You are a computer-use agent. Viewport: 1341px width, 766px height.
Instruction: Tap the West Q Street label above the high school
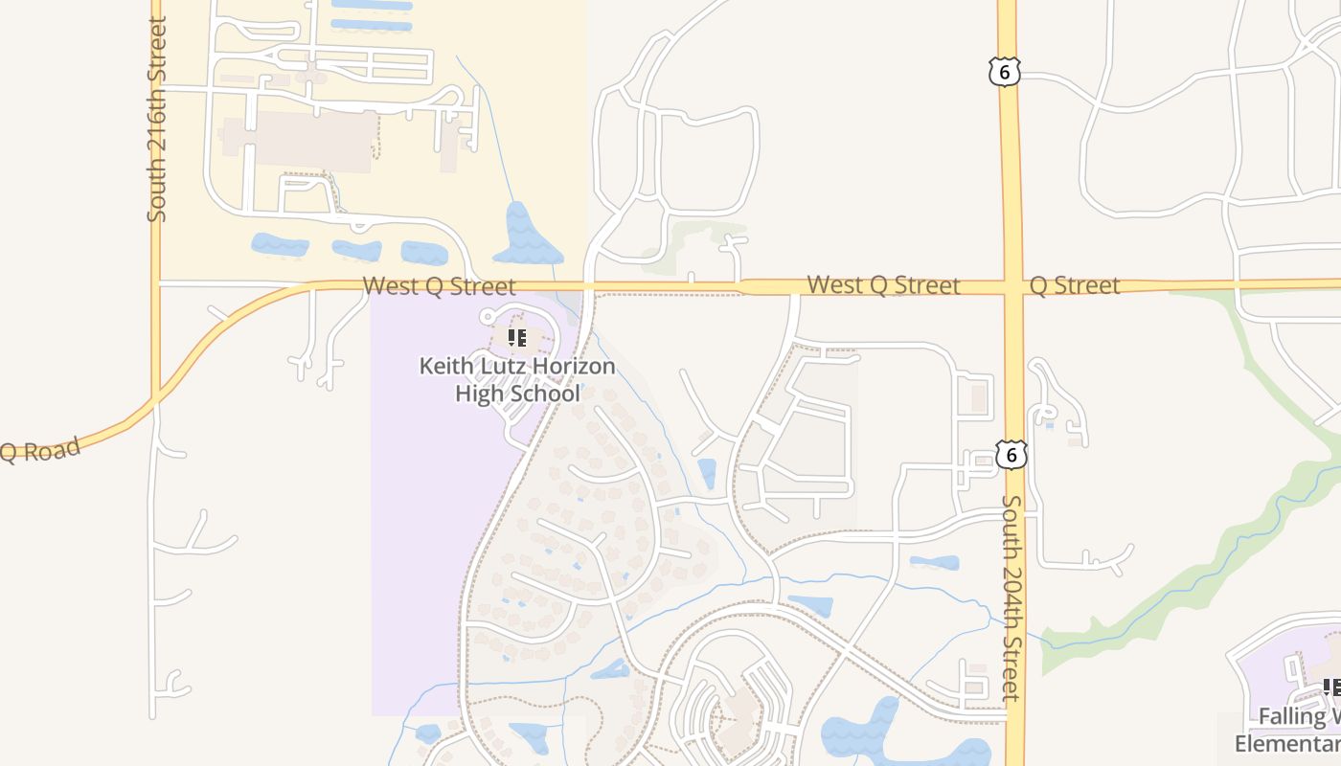pos(439,285)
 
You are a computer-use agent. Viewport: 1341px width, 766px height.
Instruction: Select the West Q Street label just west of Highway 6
pos(883,285)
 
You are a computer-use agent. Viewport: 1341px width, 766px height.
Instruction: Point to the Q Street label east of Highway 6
pos(1074,285)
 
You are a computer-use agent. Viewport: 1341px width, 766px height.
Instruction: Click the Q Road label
pos(38,450)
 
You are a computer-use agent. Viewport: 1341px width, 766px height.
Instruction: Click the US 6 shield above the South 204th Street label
pos(1011,454)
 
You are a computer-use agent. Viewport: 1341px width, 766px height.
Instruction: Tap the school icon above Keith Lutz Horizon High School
pos(517,337)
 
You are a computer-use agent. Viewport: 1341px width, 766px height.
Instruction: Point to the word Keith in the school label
pos(445,367)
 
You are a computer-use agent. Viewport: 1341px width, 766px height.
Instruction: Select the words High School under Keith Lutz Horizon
pos(517,394)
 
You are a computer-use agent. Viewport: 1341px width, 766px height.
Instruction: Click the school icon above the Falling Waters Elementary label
pos(1331,687)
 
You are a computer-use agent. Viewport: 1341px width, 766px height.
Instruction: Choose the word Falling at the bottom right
pos(1292,716)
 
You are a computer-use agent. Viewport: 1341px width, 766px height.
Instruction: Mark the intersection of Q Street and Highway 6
pos(1011,286)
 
